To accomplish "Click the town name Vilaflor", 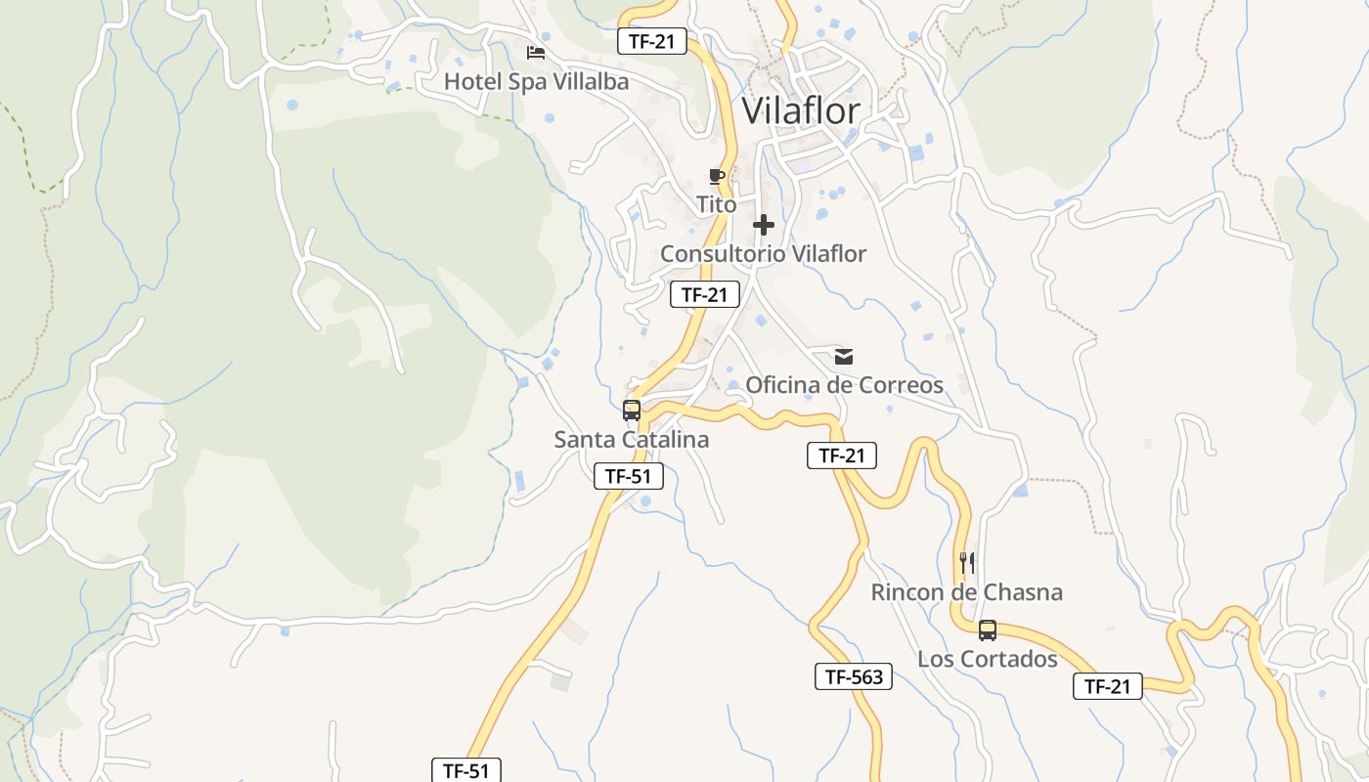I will click(x=801, y=110).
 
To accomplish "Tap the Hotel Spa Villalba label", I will click(x=536, y=81).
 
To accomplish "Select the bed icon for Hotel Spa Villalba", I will click(x=535, y=52).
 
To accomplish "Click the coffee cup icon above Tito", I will click(x=717, y=177).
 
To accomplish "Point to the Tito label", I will click(x=716, y=205).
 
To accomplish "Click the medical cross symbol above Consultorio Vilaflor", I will click(x=764, y=226).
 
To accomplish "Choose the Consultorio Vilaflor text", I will click(x=763, y=254).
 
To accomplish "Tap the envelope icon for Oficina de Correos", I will click(x=844, y=357).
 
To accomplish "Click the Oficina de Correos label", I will click(x=844, y=385).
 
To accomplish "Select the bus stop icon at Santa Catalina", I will click(x=632, y=411).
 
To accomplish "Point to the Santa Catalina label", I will click(x=631, y=440).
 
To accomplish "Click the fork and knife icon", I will click(x=967, y=562).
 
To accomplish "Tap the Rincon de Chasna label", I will click(x=966, y=592).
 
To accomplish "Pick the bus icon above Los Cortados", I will click(x=988, y=630).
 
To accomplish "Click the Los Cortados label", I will click(x=987, y=659).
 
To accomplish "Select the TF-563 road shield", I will click(x=854, y=676).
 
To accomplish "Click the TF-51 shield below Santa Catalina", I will click(x=629, y=477).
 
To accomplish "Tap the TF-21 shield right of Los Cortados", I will click(x=1107, y=686).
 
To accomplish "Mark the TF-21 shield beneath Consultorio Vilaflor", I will click(x=704, y=294).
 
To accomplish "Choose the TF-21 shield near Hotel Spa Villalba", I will click(x=652, y=41).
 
